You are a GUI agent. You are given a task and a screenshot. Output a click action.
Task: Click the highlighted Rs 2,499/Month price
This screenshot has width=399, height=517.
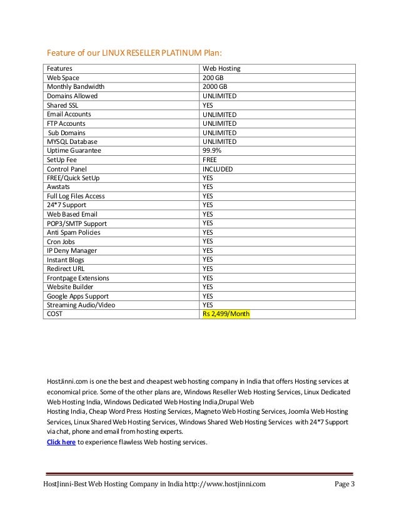pos(225,314)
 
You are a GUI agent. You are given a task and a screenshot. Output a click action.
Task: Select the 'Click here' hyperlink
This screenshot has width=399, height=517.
pos(61,442)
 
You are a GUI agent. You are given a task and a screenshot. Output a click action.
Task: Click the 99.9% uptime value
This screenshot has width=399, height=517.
pos(211,151)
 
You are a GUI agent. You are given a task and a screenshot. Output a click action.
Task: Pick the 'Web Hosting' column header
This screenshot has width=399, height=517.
pos(221,68)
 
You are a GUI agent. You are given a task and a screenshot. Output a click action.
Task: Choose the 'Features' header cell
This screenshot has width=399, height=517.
pos(59,68)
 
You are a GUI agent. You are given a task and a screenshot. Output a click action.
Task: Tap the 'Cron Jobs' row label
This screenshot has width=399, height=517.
pos(61,242)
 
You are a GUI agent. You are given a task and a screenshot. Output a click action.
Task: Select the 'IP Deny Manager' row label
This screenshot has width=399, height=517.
pos(73,250)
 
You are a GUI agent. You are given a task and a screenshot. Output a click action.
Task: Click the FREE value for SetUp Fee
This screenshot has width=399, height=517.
pos(210,160)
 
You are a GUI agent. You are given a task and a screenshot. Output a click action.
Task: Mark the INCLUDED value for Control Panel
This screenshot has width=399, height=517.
pos(218,169)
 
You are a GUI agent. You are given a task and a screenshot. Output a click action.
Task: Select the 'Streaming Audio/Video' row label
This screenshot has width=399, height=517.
pos(81,305)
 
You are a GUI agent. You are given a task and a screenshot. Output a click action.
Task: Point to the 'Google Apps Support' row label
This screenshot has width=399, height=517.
pos(78,296)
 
